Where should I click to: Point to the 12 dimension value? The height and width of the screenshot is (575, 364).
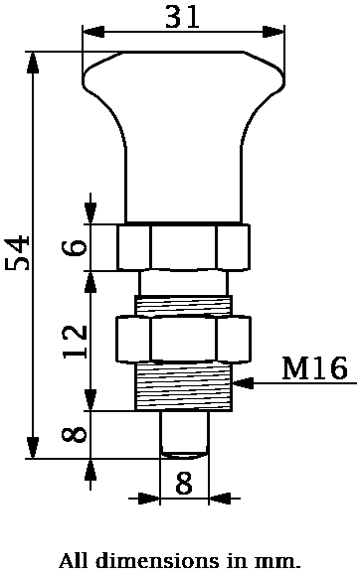(x=75, y=341)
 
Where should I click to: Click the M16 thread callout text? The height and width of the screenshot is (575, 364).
(x=314, y=369)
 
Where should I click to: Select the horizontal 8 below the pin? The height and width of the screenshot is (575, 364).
(x=184, y=484)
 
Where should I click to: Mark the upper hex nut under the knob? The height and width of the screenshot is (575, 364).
(x=183, y=247)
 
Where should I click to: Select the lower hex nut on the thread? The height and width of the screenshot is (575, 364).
(x=183, y=339)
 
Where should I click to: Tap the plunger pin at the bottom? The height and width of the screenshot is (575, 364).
(x=184, y=433)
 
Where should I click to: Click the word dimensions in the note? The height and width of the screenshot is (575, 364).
(x=148, y=561)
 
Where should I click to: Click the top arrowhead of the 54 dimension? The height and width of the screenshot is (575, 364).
(x=33, y=61)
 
